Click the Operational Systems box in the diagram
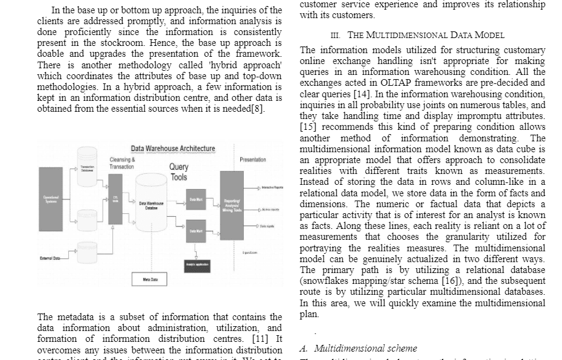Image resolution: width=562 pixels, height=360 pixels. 51,199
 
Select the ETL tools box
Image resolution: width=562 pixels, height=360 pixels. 115,199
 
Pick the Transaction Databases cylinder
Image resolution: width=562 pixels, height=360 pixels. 87,169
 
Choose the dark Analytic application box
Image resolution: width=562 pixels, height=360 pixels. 196,264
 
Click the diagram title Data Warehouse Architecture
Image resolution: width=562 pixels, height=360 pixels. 173,149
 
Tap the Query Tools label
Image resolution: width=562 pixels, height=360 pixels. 179,172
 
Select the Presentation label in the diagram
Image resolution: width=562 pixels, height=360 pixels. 252,159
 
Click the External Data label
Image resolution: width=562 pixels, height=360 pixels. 50,258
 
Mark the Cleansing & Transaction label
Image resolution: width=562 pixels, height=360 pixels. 122,163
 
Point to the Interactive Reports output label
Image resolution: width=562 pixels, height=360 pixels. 272,188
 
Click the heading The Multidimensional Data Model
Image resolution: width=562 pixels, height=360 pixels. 426,35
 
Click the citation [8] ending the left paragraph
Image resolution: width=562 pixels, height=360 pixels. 257,109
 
